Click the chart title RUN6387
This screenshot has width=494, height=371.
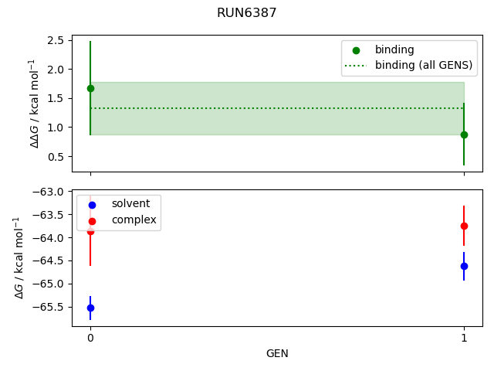[x=247, y=13]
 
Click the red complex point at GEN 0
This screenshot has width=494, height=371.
[x=90, y=231]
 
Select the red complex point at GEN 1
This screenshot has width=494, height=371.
[x=464, y=226]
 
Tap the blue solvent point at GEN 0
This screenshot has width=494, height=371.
[x=90, y=308]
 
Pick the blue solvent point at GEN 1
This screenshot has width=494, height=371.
[x=464, y=266]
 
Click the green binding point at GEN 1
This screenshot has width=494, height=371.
[x=464, y=134]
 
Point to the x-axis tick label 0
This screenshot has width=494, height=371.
[x=90, y=338]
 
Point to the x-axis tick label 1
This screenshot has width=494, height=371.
[x=464, y=338]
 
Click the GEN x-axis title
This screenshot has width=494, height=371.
[x=277, y=353]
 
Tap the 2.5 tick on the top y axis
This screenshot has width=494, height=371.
[x=56, y=40]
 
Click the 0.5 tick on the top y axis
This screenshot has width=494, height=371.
[x=56, y=157]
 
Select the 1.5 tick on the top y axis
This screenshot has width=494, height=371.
[x=56, y=98]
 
